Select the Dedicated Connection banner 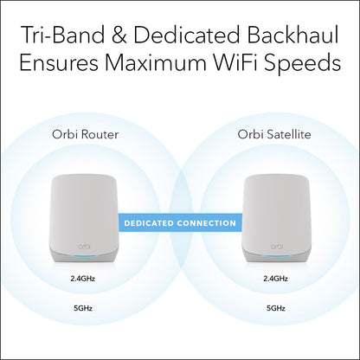click(x=180, y=223)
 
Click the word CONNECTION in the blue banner click(x=203, y=223)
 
